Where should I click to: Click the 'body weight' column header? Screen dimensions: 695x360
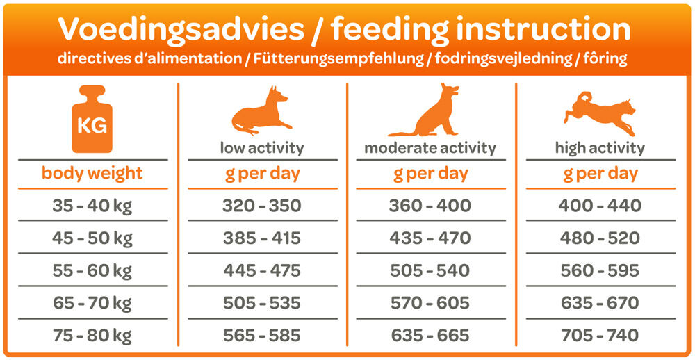[92, 173]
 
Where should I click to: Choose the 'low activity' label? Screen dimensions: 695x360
[262, 148]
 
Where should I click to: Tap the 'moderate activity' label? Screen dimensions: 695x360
[430, 148]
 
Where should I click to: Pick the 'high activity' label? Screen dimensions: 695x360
[600, 148]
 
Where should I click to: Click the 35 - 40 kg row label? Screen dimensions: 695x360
[92, 206]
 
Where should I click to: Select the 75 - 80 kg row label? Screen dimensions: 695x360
[92, 336]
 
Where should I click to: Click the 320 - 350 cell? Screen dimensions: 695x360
[262, 206]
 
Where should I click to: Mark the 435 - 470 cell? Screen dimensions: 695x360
[430, 238]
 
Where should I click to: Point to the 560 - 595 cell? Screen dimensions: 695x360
[600, 271]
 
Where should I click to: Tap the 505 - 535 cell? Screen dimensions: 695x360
[262, 303]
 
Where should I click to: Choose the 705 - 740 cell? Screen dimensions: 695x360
[600, 336]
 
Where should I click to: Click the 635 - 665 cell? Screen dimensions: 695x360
[430, 336]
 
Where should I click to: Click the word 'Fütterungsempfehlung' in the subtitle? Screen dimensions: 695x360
[339, 59]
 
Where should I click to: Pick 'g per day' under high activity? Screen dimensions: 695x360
[600, 174]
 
